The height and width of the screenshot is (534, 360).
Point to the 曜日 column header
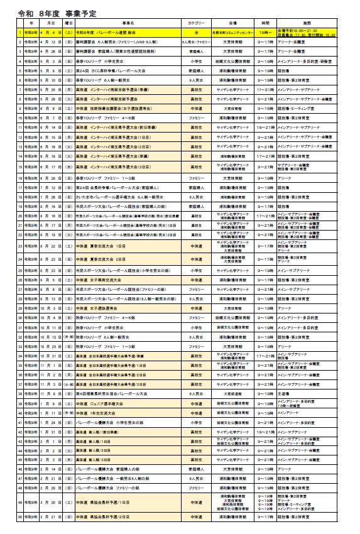pos(68,22)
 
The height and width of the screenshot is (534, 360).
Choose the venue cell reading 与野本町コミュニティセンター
pos(234,31)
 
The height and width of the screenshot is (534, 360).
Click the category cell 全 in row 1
pos(197,31)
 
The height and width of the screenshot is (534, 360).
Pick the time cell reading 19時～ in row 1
pos(265,31)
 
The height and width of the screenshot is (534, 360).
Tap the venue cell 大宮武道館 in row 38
pos(234,394)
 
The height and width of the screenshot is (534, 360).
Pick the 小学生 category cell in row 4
pos(197,61)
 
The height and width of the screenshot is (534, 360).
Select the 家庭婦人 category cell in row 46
pos(197,469)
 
